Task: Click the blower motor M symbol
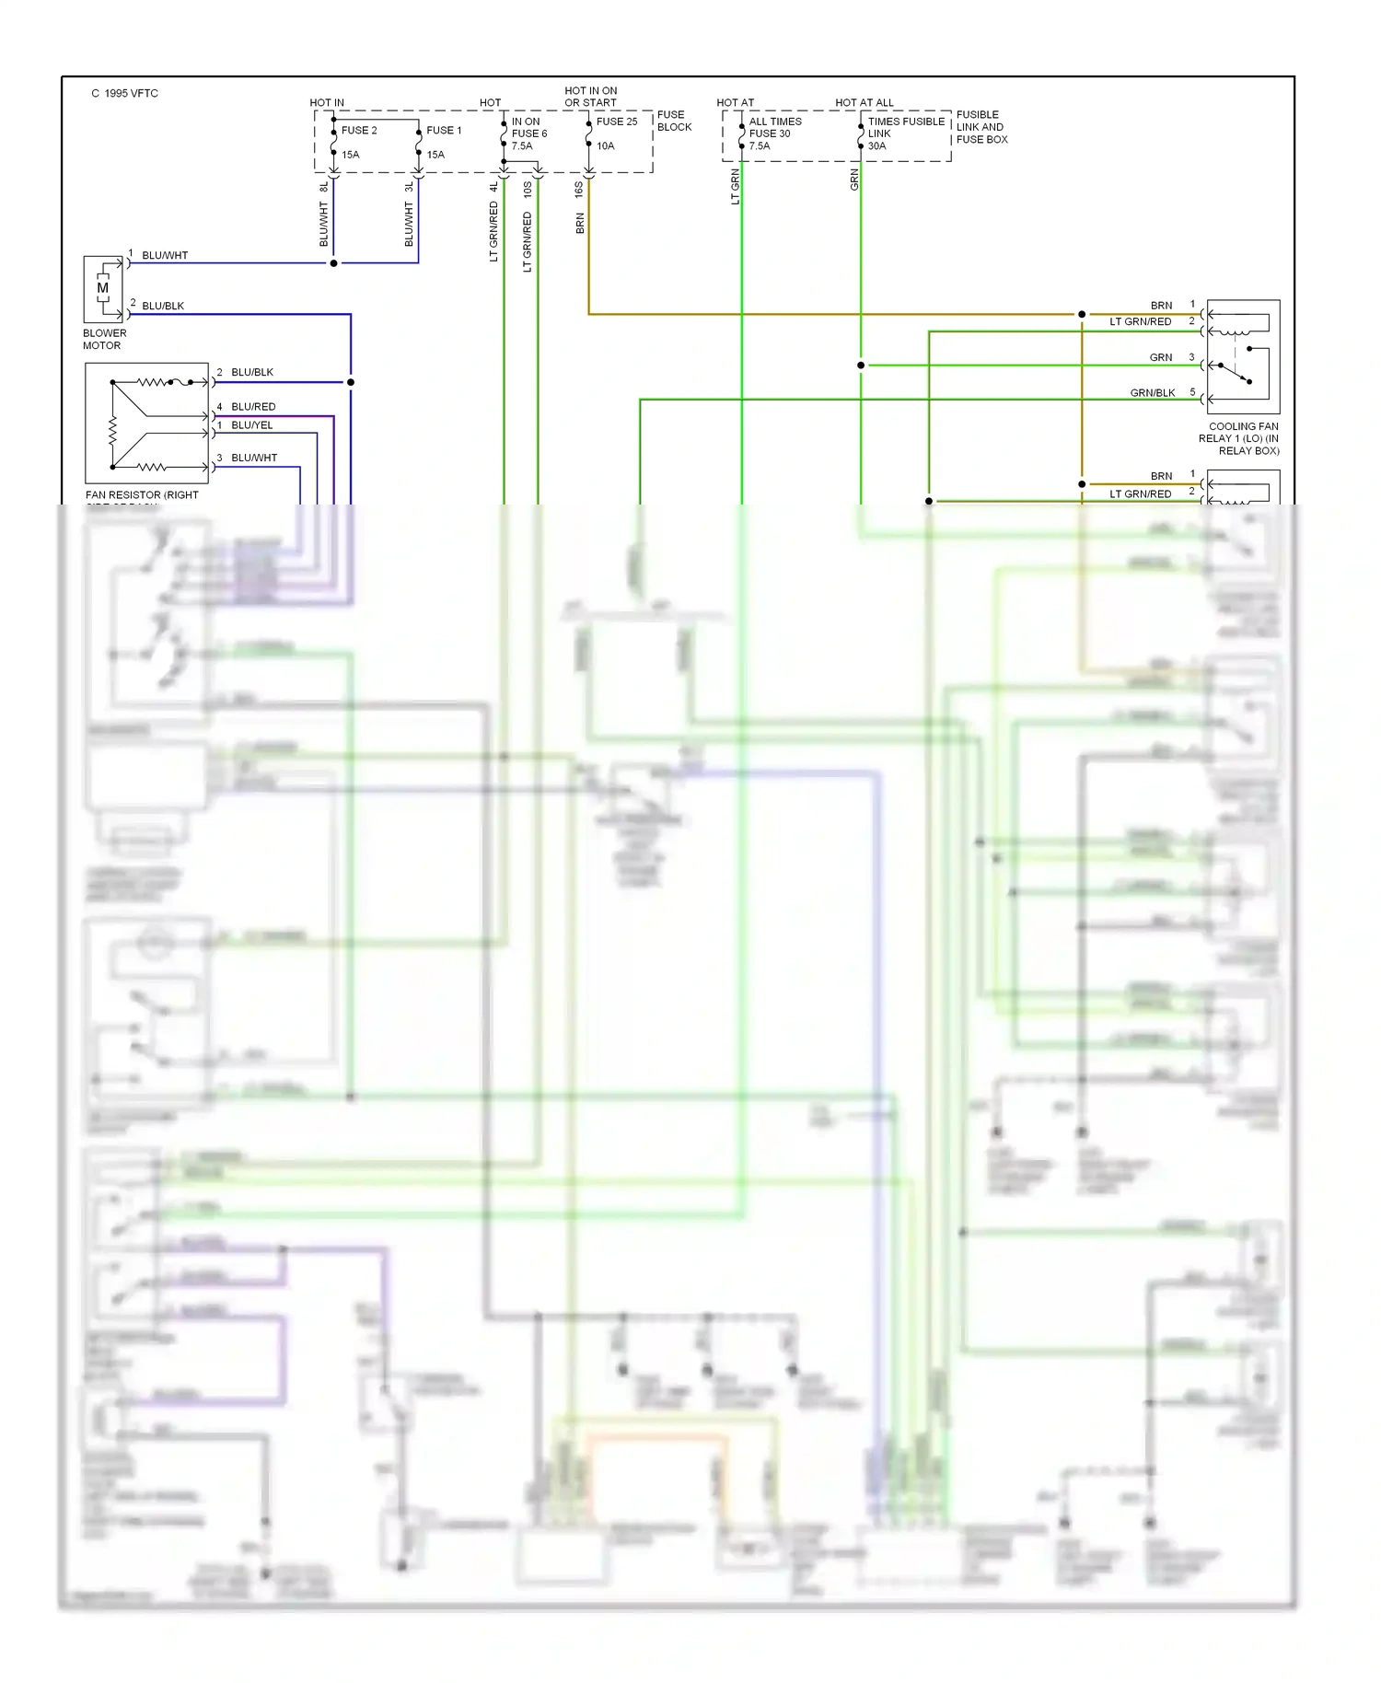[x=102, y=288]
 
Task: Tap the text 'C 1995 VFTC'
[x=125, y=93]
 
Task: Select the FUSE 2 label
[x=359, y=131]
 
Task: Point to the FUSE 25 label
[x=617, y=122]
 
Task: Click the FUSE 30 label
[x=770, y=133]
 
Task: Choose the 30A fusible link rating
[x=876, y=146]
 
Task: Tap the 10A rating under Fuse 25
[x=605, y=146]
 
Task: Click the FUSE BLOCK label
[x=674, y=121]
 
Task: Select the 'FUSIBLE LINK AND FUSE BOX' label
[x=981, y=127]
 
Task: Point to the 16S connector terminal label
[x=578, y=190]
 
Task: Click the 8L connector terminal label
[x=323, y=187]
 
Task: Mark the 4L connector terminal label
[x=493, y=187]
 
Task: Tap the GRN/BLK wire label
[x=1153, y=393]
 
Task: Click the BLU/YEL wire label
[x=252, y=425]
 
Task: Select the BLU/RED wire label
[x=253, y=407]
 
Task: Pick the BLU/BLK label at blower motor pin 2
[x=163, y=306]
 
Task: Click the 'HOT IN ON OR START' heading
[x=591, y=97]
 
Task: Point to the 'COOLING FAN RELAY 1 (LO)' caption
[x=1239, y=438]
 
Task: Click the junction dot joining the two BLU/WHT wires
[x=333, y=263]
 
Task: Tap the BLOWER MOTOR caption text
[x=104, y=340]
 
